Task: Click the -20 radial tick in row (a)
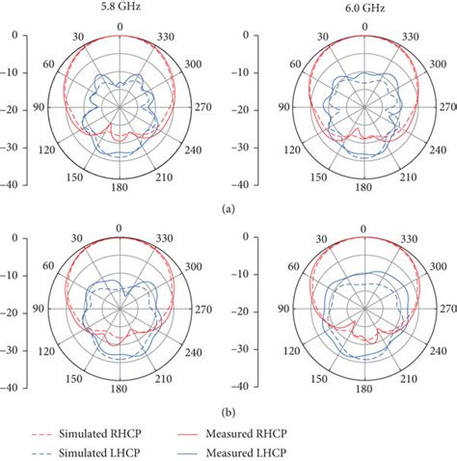pos(12,109)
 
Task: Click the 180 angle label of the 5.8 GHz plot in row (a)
pos(119,190)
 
